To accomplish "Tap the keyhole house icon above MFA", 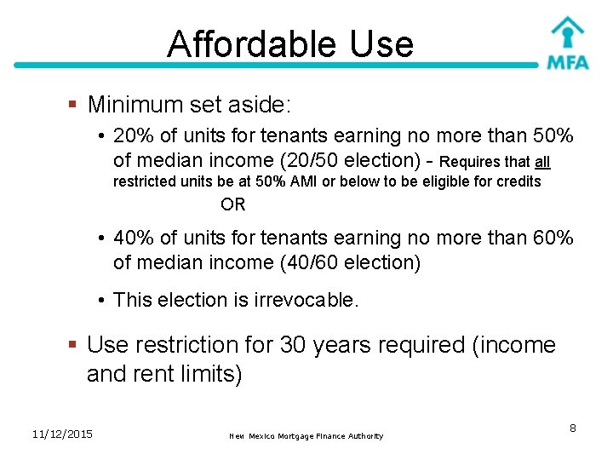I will [x=567, y=32].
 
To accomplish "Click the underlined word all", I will [x=542, y=162].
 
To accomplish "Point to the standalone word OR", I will [x=232, y=204].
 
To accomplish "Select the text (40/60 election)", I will [x=350, y=262].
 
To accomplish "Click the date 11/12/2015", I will [x=62, y=434].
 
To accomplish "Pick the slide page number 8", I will [x=573, y=428].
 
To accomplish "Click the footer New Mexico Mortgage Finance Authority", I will [x=306, y=436].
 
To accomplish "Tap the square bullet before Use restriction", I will [x=74, y=345].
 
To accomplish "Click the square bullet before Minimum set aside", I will [x=74, y=105].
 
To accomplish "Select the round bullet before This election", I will [x=100, y=300].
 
